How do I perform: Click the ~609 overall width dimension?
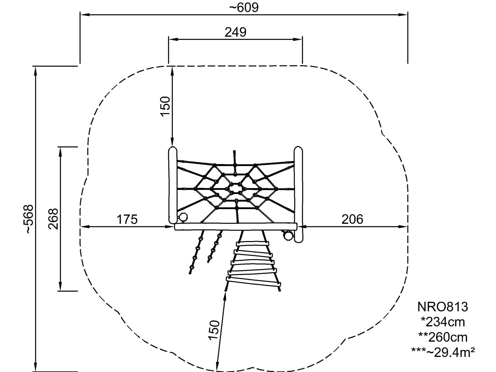click(x=244, y=8)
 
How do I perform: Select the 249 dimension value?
click(x=235, y=32)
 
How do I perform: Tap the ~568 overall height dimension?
click(x=29, y=219)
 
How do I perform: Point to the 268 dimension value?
click(x=53, y=219)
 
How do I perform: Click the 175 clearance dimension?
click(x=127, y=219)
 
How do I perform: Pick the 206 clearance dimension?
click(x=352, y=219)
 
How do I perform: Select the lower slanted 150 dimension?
click(x=214, y=330)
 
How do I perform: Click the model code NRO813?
click(x=443, y=307)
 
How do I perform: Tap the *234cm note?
click(x=443, y=322)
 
